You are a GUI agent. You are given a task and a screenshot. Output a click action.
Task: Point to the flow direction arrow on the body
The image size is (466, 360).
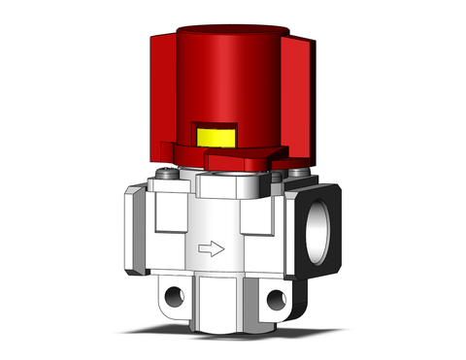[210, 249]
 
